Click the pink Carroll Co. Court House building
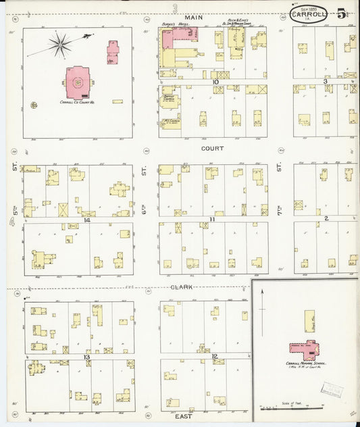click(78, 82)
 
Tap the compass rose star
click(60, 45)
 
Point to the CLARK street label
click(182, 286)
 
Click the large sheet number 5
click(342, 14)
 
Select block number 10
click(215, 82)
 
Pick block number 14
click(86, 220)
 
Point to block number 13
click(86, 356)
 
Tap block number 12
click(214, 356)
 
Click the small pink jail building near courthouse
click(112, 52)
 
